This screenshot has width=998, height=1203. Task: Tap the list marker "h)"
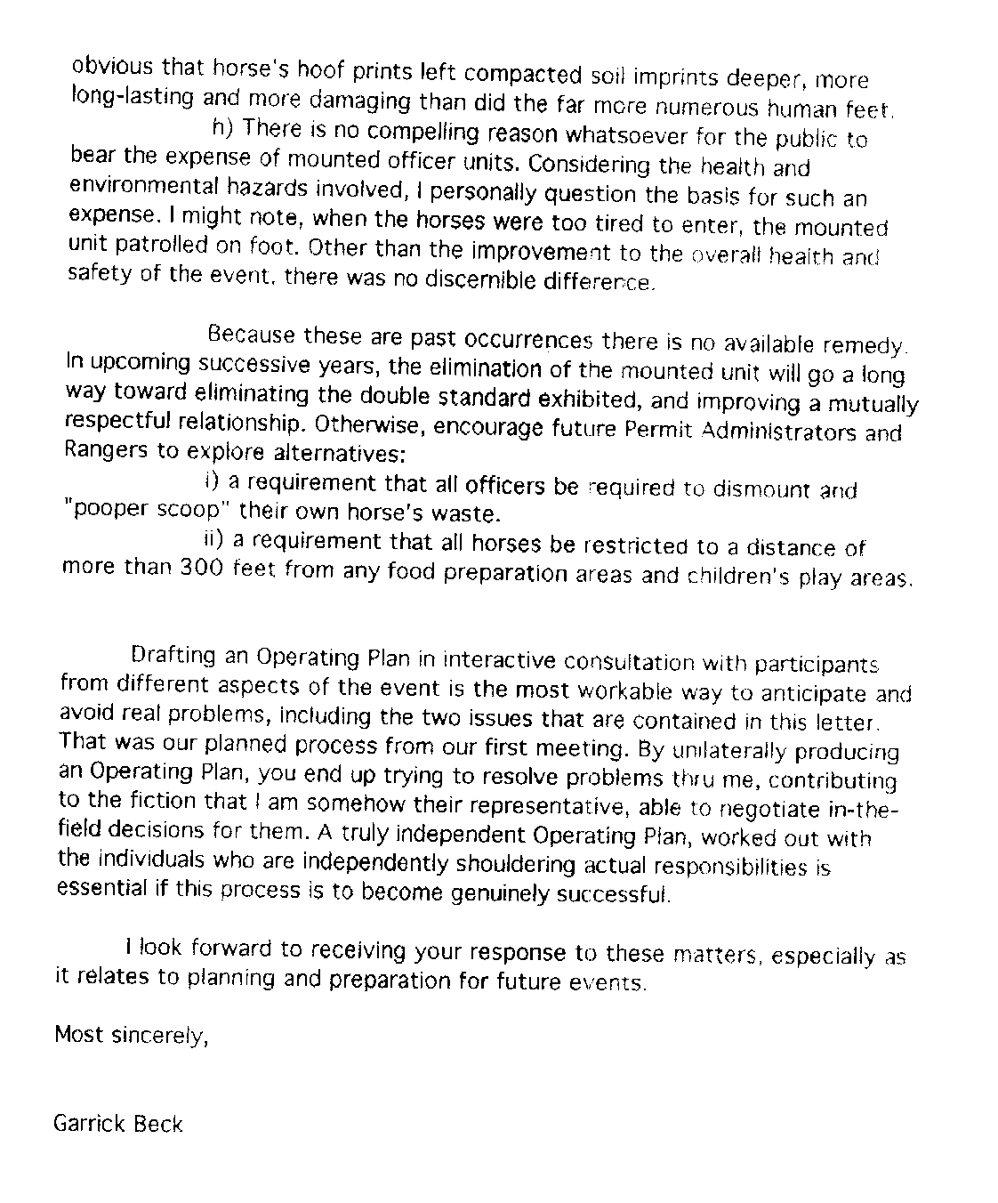(222, 128)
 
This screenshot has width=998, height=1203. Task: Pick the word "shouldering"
(514, 864)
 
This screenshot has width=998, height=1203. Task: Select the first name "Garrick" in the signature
(89, 1123)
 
